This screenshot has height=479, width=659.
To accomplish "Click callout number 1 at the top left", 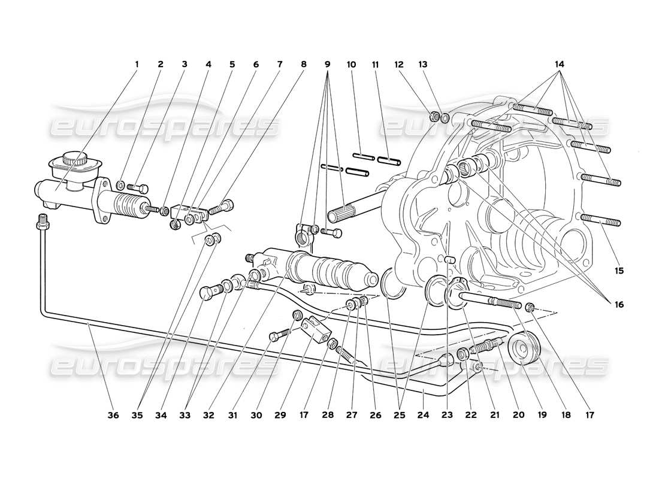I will [136, 64].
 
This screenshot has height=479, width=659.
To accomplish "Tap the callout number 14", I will [559, 64].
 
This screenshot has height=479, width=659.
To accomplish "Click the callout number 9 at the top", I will [328, 64].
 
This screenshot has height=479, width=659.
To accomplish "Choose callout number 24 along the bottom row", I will [423, 413].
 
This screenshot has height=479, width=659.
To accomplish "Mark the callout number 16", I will [618, 305].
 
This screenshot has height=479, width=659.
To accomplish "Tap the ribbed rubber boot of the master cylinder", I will [125, 205].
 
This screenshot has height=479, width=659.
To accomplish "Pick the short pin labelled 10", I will [363, 157].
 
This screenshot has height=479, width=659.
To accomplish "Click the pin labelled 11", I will [389, 160].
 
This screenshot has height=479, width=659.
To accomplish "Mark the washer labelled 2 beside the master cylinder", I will [120, 184].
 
